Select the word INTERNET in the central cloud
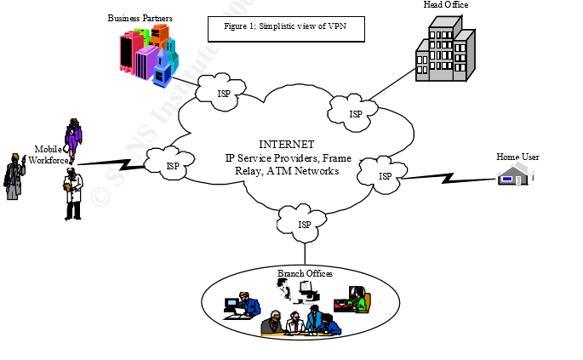[286, 145]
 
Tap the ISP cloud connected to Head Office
[356, 111]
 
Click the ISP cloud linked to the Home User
[385, 175]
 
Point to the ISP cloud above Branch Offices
[304, 224]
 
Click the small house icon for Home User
[512, 176]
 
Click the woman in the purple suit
[74, 139]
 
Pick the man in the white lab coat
[73, 194]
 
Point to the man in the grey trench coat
[14, 176]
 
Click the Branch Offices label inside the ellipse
[305, 273]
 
